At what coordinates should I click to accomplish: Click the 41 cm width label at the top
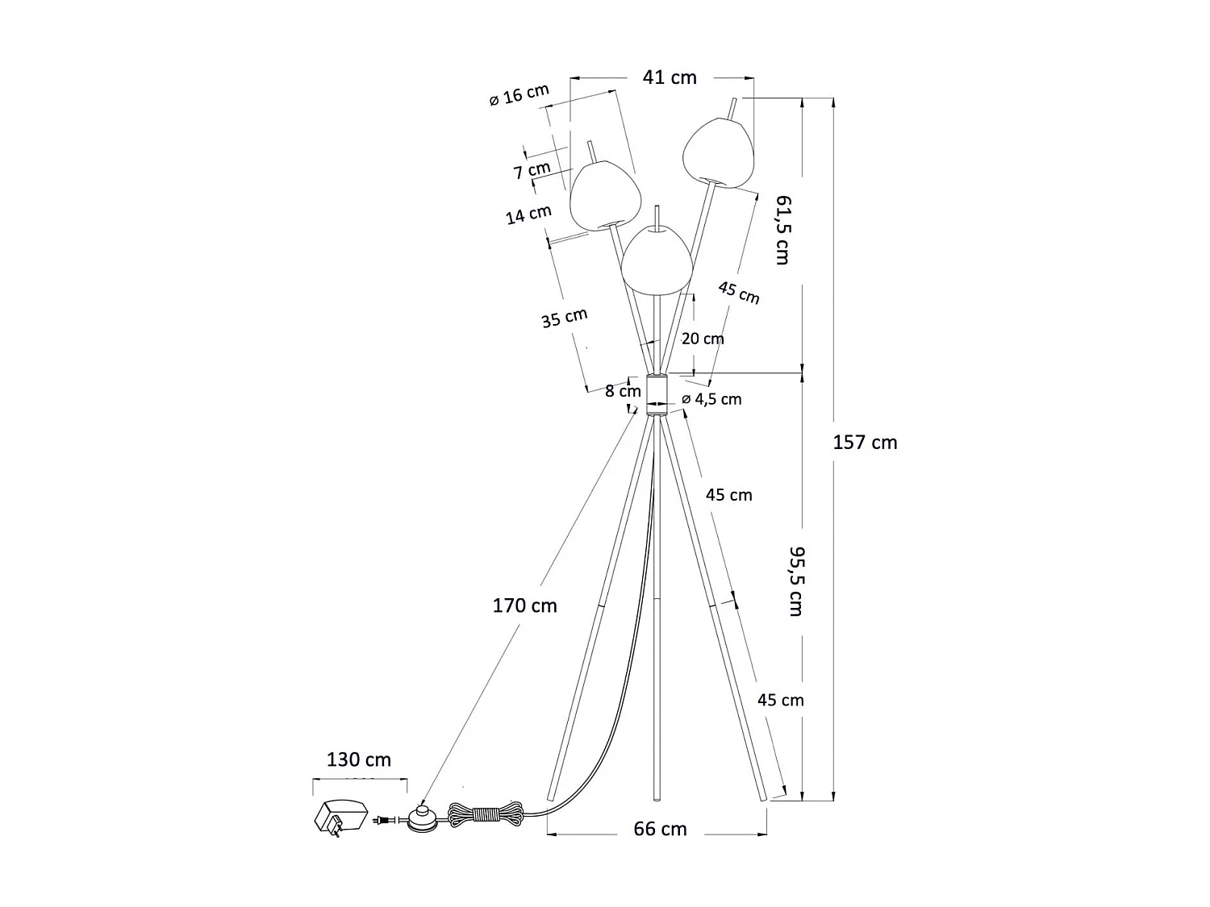point(670,77)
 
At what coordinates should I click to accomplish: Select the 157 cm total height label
point(865,443)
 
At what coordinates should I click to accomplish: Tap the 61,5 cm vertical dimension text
point(782,230)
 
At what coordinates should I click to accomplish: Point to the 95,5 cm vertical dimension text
point(795,581)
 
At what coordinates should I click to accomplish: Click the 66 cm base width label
point(660,829)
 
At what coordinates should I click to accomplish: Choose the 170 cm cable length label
point(524,605)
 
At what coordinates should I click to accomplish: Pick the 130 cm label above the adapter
point(358,759)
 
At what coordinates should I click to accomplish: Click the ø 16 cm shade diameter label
point(519,95)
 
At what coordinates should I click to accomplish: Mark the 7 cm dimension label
point(532,170)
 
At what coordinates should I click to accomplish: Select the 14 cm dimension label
point(528,214)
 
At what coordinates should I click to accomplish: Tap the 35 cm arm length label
point(564,318)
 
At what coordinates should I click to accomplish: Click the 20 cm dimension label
point(703,339)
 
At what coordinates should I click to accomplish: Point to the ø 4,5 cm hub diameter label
point(711,399)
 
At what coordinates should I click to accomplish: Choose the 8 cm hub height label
point(623,391)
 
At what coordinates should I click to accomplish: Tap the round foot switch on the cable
point(423,818)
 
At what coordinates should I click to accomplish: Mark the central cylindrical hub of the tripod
point(655,393)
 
